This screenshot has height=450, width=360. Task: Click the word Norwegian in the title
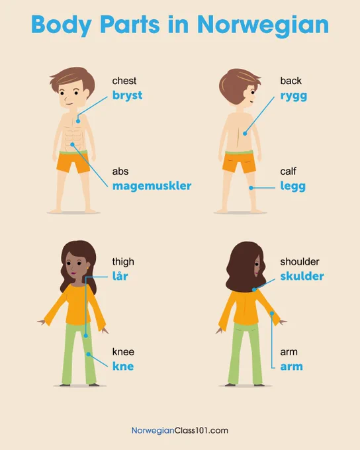[263, 25]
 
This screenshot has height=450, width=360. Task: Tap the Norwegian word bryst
[127, 95]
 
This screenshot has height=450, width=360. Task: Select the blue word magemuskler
[152, 186]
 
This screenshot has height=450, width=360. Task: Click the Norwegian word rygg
[293, 96]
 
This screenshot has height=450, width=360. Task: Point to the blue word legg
[292, 187]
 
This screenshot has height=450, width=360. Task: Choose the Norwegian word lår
[120, 275]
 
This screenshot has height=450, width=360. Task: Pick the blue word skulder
[302, 276]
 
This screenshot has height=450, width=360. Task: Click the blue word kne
[123, 366]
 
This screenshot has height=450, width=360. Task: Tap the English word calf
[288, 171]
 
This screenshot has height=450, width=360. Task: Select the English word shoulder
[299, 261]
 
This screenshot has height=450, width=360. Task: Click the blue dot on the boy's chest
[78, 121]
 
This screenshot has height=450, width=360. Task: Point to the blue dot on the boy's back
[245, 134]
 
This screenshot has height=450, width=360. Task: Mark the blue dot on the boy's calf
[251, 188]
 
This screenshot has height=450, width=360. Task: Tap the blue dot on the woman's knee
[89, 355]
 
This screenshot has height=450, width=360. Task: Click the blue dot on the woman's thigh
[85, 336]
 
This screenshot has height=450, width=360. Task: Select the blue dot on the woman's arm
[271, 314]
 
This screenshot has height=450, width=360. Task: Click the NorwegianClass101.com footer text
[180, 431]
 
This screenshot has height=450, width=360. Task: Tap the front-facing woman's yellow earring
[87, 268]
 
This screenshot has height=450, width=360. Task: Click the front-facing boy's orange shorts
[73, 162]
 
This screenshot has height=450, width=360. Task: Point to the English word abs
[120, 171]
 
